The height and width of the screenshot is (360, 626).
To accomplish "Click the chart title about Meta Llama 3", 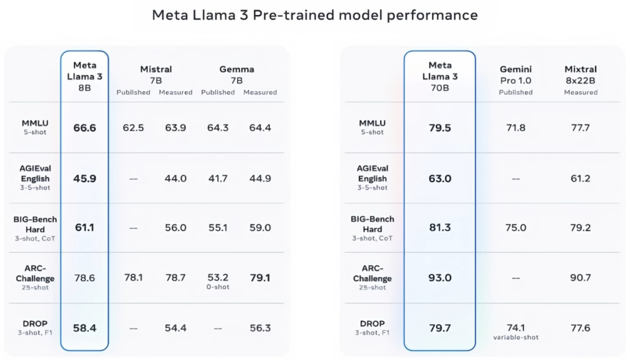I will (315, 14).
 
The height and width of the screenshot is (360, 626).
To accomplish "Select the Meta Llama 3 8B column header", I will (85, 76).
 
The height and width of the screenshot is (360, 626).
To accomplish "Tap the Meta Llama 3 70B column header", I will (439, 76).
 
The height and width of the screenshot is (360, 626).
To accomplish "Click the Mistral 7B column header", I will (156, 75).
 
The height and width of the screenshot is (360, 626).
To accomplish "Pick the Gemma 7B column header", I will (236, 75).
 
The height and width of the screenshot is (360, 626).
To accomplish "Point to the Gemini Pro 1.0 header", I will (515, 75).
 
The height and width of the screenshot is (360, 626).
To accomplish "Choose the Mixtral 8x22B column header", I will (580, 75).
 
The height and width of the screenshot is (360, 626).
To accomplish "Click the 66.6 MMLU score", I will (85, 128).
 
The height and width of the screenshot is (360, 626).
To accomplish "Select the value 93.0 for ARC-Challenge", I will (439, 278).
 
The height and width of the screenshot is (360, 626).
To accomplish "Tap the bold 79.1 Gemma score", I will (260, 278).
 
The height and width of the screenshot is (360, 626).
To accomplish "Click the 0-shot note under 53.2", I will (217, 287).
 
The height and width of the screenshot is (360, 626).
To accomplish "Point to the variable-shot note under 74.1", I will (515, 337).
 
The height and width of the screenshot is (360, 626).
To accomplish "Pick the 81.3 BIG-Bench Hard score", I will (439, 228).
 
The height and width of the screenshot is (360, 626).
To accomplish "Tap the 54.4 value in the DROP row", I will (175, 328).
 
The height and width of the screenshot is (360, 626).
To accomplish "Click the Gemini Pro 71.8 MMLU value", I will (515, 128).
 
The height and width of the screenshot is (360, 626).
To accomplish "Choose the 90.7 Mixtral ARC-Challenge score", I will (580, 278).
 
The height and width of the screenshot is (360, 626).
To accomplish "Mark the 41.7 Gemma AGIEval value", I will (217, 178).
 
